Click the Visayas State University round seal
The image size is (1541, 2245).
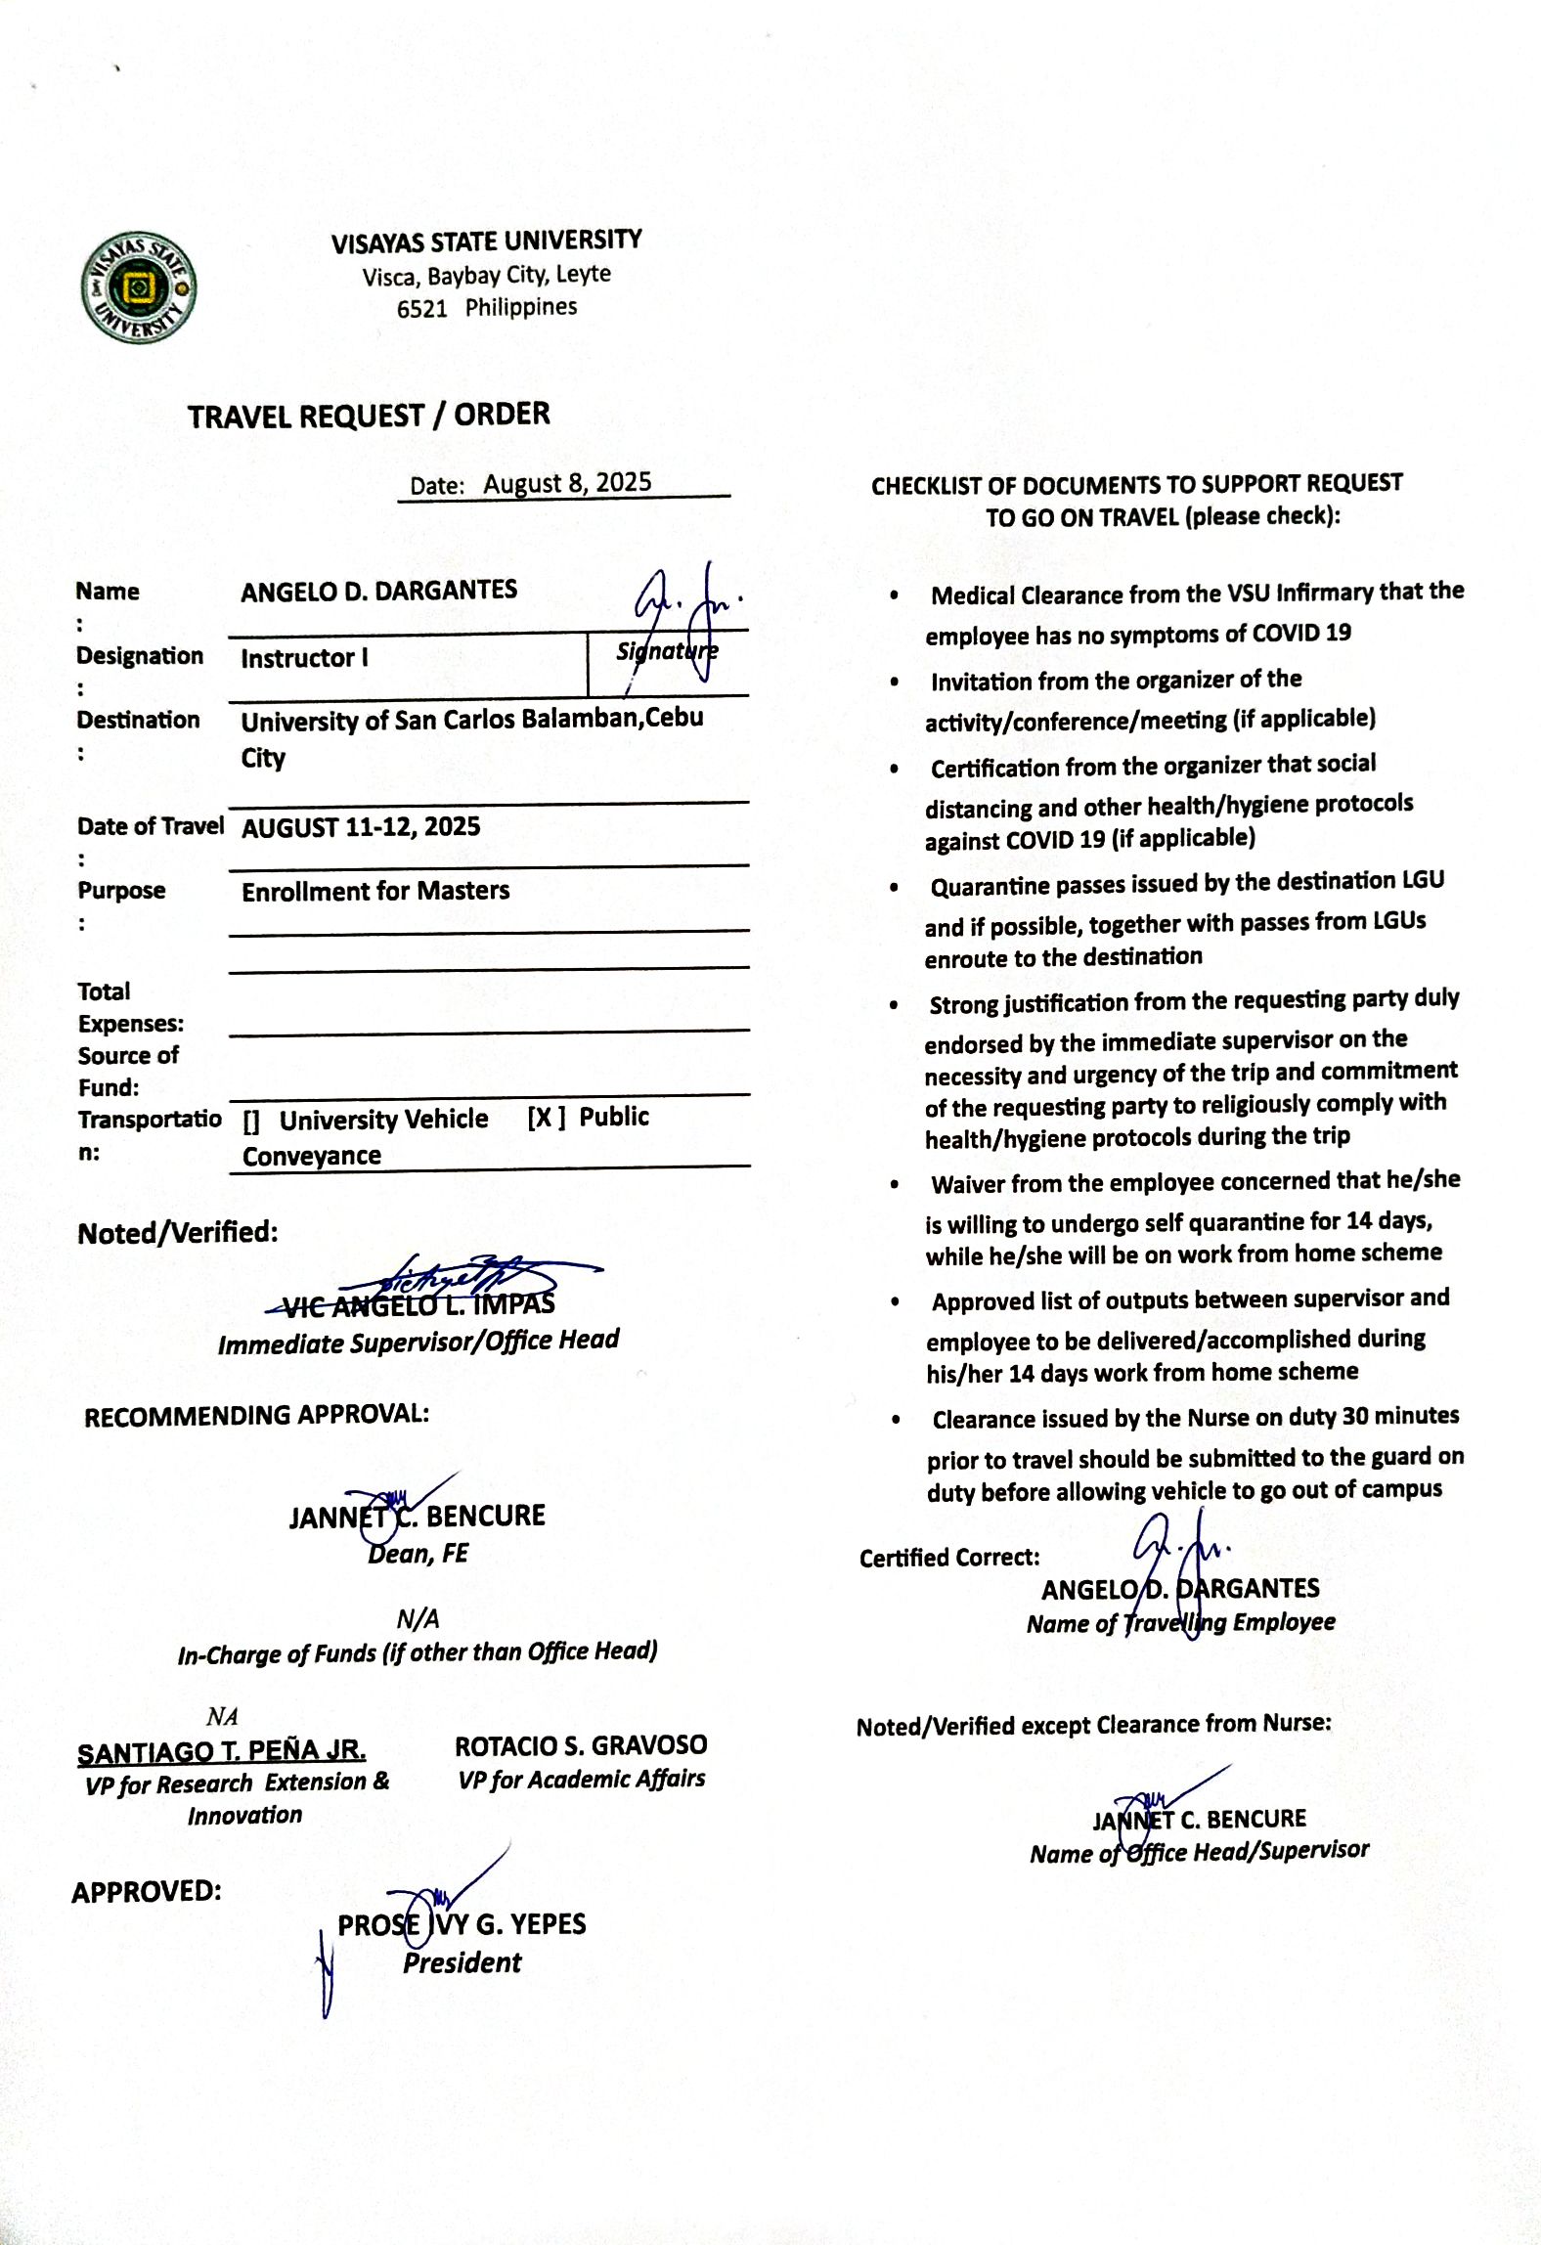(x=139, y=288)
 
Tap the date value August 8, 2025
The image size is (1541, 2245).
(x=567, y=483)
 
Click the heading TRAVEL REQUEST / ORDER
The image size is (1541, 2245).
(x=369, y=416)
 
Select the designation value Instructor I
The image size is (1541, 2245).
(x=304, y=658)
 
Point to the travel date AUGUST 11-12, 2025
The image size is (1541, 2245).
(x=361, y=827)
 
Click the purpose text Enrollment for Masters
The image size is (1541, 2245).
(x=375, y=891)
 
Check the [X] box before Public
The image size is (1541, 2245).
(x=546, y=1118)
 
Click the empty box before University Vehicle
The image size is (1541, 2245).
(x=251, y=1122)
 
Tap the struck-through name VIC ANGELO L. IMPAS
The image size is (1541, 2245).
(x=418, y=1304)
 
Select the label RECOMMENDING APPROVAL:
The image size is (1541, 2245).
(x=256, y=1415)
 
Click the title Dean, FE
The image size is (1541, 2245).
(x=418, y=1554)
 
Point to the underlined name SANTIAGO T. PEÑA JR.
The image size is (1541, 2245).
(x=222, y=1750)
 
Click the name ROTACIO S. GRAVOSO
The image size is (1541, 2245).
(x=581, y=1745)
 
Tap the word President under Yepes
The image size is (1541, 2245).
(x=462, y=1962)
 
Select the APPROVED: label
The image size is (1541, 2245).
(x=147, y=1891)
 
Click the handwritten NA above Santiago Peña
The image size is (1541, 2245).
(x=222, y=1716)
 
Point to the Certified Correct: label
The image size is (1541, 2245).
(x=949, y=1558)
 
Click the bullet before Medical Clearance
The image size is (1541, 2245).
(x=895, y=595)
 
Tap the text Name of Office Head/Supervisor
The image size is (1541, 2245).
(x=1199, y=1851)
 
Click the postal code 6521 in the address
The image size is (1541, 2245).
(x=421, y=309)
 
